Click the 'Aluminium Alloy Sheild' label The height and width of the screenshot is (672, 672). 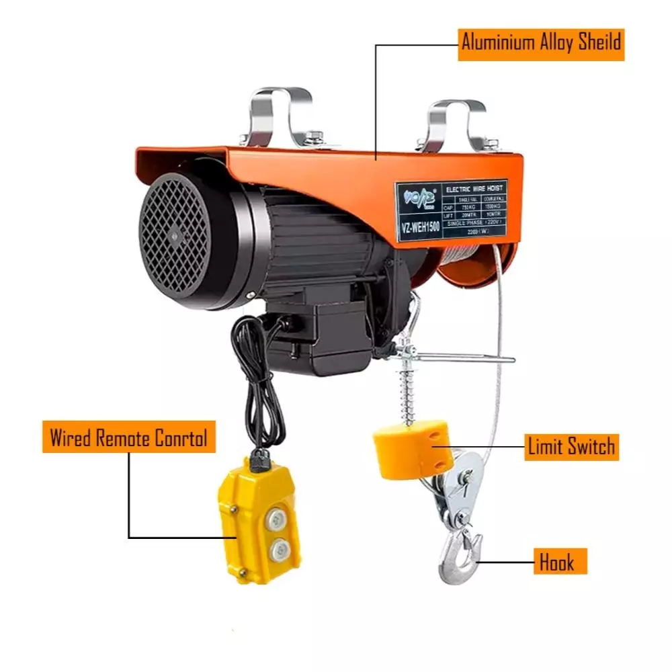[540, 43]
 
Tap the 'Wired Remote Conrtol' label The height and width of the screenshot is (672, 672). [130, 437]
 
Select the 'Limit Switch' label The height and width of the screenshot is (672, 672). [571, 446]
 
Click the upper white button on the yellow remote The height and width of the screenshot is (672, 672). [276, 519]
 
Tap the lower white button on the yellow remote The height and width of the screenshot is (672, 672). [278, 552]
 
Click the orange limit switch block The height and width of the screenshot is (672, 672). [411, 448]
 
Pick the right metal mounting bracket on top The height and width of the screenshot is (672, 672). [457, 124]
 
